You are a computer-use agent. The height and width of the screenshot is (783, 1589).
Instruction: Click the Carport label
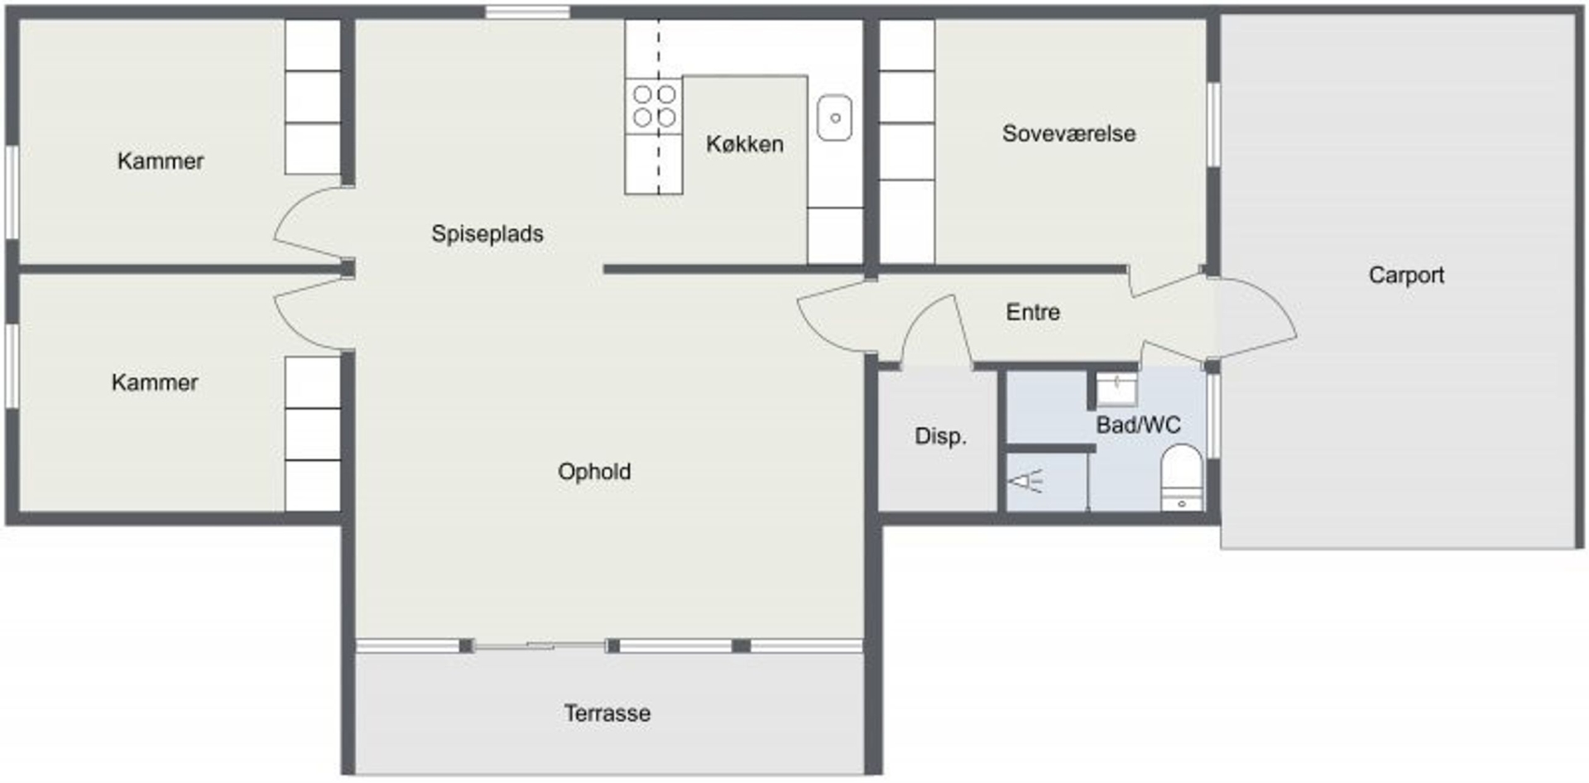(x=1406, y=275)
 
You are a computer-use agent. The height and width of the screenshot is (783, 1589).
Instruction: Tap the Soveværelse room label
(x=1068, y=133)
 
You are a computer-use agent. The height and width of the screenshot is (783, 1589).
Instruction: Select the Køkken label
(x=745, y=144)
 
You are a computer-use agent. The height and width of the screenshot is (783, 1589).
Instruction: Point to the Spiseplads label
(x=487, y=234)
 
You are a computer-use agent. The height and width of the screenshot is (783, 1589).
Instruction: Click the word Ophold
(x=594, y=472)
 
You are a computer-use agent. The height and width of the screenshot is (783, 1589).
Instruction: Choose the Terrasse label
(x=607, y=713)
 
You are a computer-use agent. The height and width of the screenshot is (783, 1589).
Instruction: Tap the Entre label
(x=1033, y=312)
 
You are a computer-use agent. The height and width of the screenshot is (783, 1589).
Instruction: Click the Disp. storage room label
(x=940, y=436)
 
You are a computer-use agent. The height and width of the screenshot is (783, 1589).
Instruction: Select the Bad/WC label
(x=1139, y=425)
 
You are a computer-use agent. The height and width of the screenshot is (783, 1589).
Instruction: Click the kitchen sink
(x=835, y=118)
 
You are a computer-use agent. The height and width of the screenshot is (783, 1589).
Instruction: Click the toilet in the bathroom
(x=1181, y=478)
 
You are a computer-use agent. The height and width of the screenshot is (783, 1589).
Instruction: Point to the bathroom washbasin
(x=1116, y=389)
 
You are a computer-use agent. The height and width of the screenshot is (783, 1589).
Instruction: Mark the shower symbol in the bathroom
(x=1025, y=481)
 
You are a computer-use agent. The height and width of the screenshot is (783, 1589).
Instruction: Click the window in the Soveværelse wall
(x=1213, y=124)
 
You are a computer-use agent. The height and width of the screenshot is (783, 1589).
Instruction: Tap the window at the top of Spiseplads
(x=527, y=12)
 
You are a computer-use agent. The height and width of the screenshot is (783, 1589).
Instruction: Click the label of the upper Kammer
(x=161, y=161)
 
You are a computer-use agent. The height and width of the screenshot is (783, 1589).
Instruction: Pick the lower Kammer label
(x=155, y=382)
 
